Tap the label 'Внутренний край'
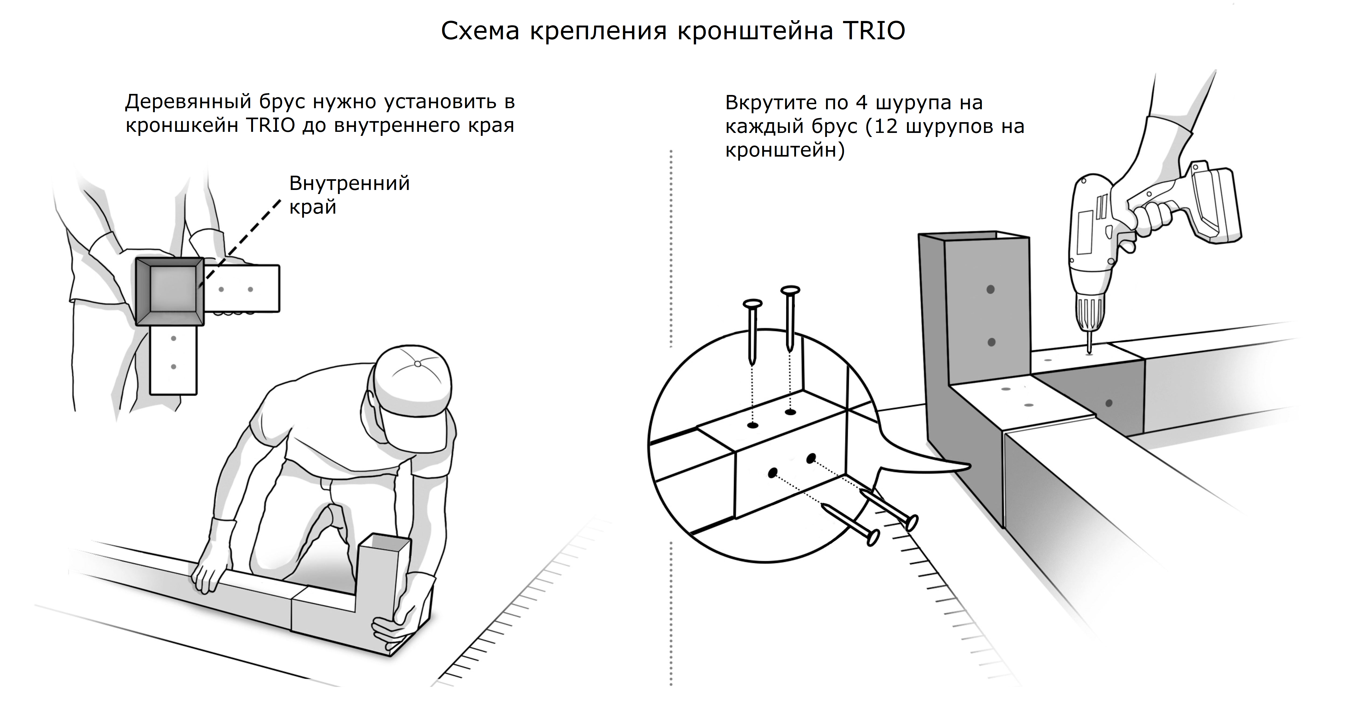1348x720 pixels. (349, 195)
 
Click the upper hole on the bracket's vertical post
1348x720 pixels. (990, 289)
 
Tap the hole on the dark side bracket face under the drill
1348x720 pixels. (1108, 403)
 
